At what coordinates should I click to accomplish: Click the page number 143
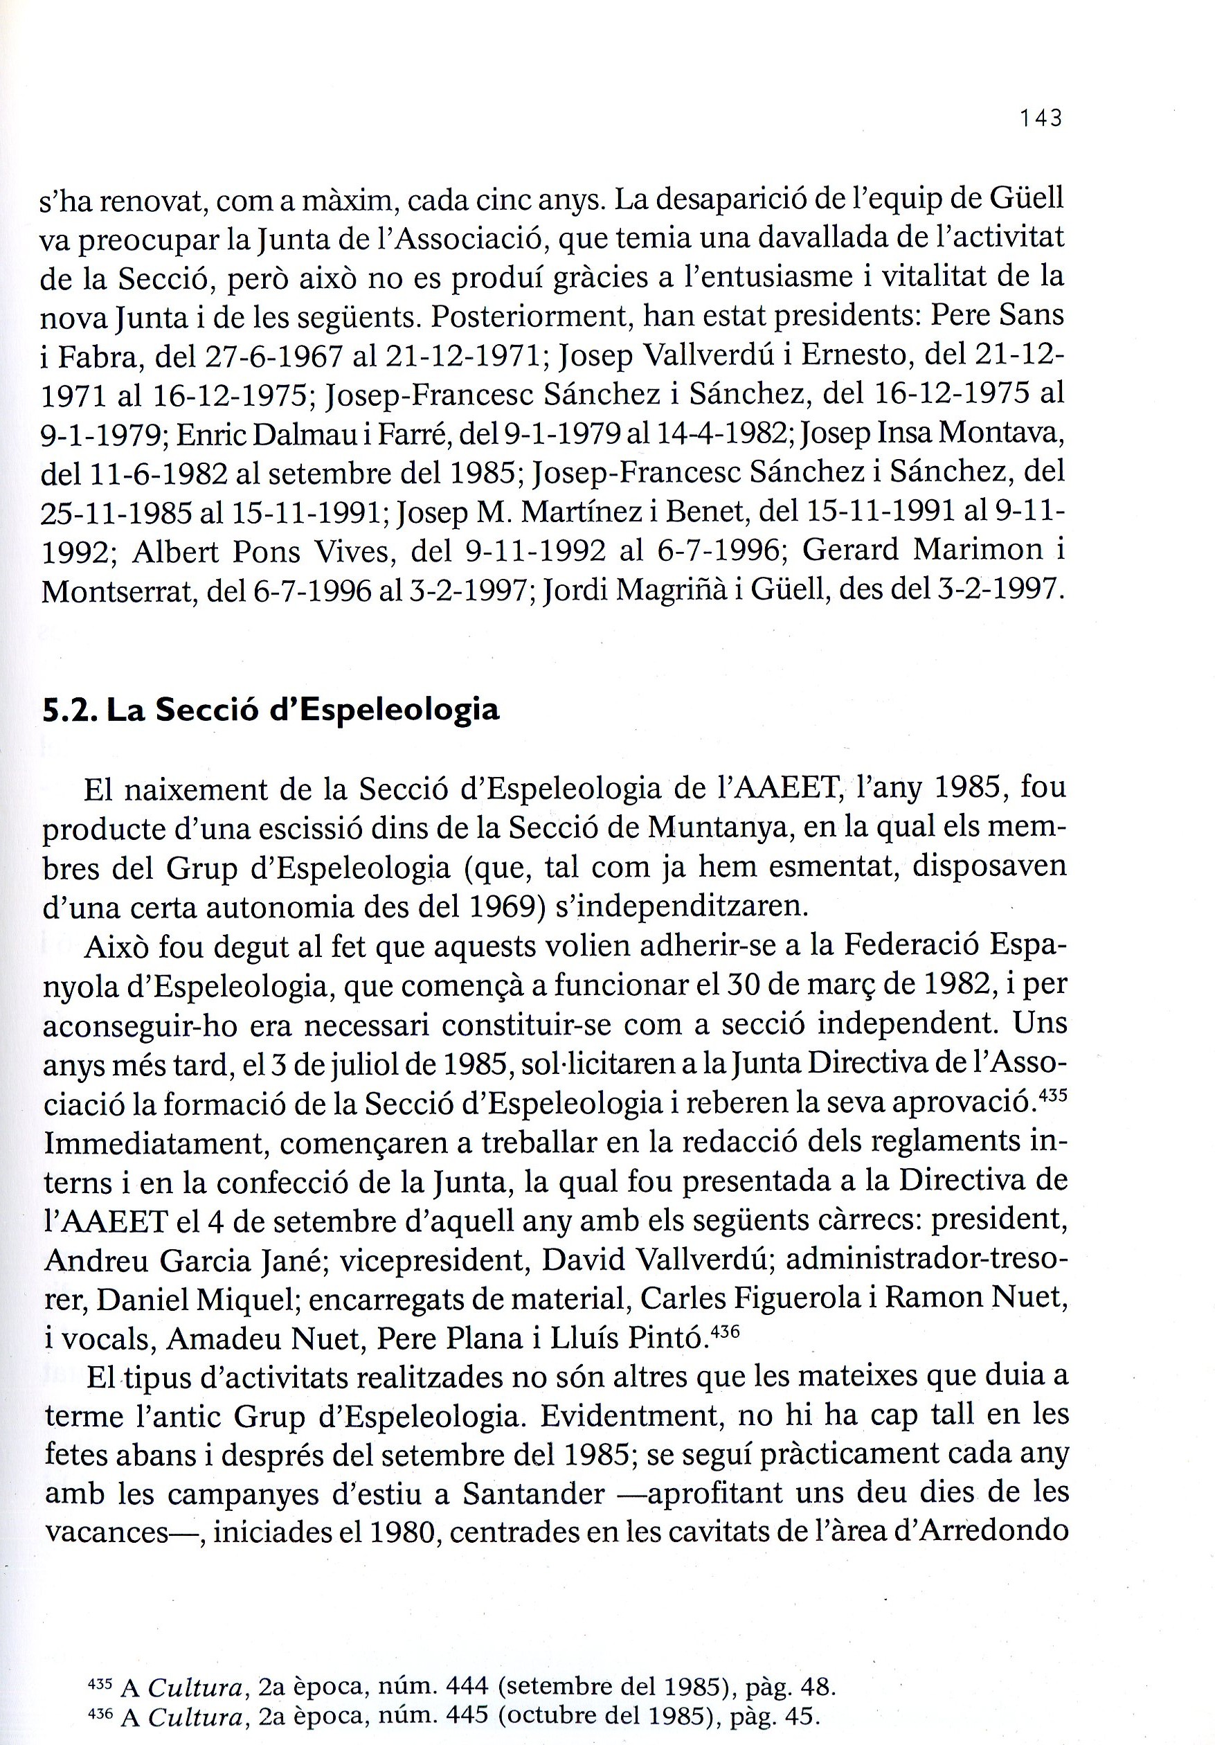pos(1041,118)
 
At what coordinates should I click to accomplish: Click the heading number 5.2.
pos(69,710)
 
